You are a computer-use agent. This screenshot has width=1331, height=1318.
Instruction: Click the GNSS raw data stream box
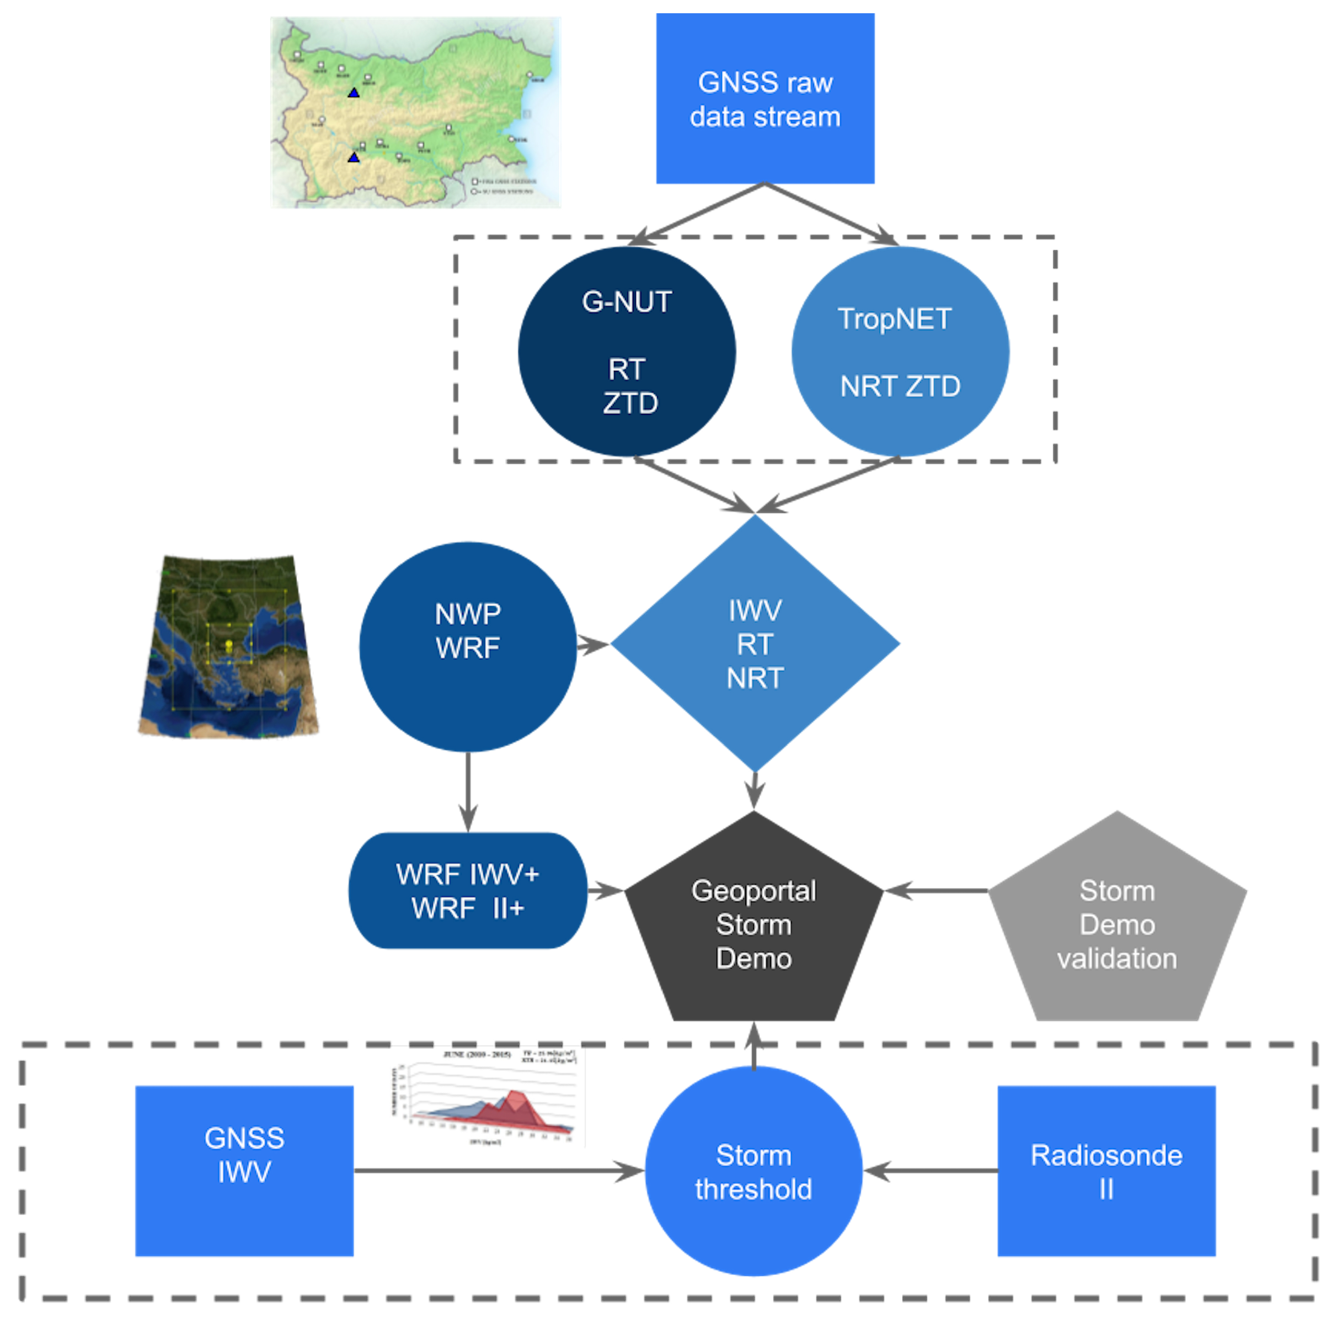(765, 99)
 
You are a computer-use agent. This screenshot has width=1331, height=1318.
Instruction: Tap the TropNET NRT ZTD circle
(900, 352)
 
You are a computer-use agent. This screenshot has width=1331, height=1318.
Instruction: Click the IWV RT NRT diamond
(755, 643)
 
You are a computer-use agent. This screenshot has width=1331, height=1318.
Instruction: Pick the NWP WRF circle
(468, 647)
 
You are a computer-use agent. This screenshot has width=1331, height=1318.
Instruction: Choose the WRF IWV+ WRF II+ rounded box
(468, 891)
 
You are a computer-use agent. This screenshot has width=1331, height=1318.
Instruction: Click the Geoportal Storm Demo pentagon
(753, 924)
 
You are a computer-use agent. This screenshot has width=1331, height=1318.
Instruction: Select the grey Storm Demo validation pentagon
(1117, 924)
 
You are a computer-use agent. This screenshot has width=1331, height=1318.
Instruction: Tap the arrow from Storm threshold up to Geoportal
(753, 1044)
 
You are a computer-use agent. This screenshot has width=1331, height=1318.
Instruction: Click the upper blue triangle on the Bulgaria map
(354, 92)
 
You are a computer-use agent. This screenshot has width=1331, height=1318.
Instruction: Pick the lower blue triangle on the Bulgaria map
(354, 158)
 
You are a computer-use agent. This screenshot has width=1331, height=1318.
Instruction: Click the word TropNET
(894, 318)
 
